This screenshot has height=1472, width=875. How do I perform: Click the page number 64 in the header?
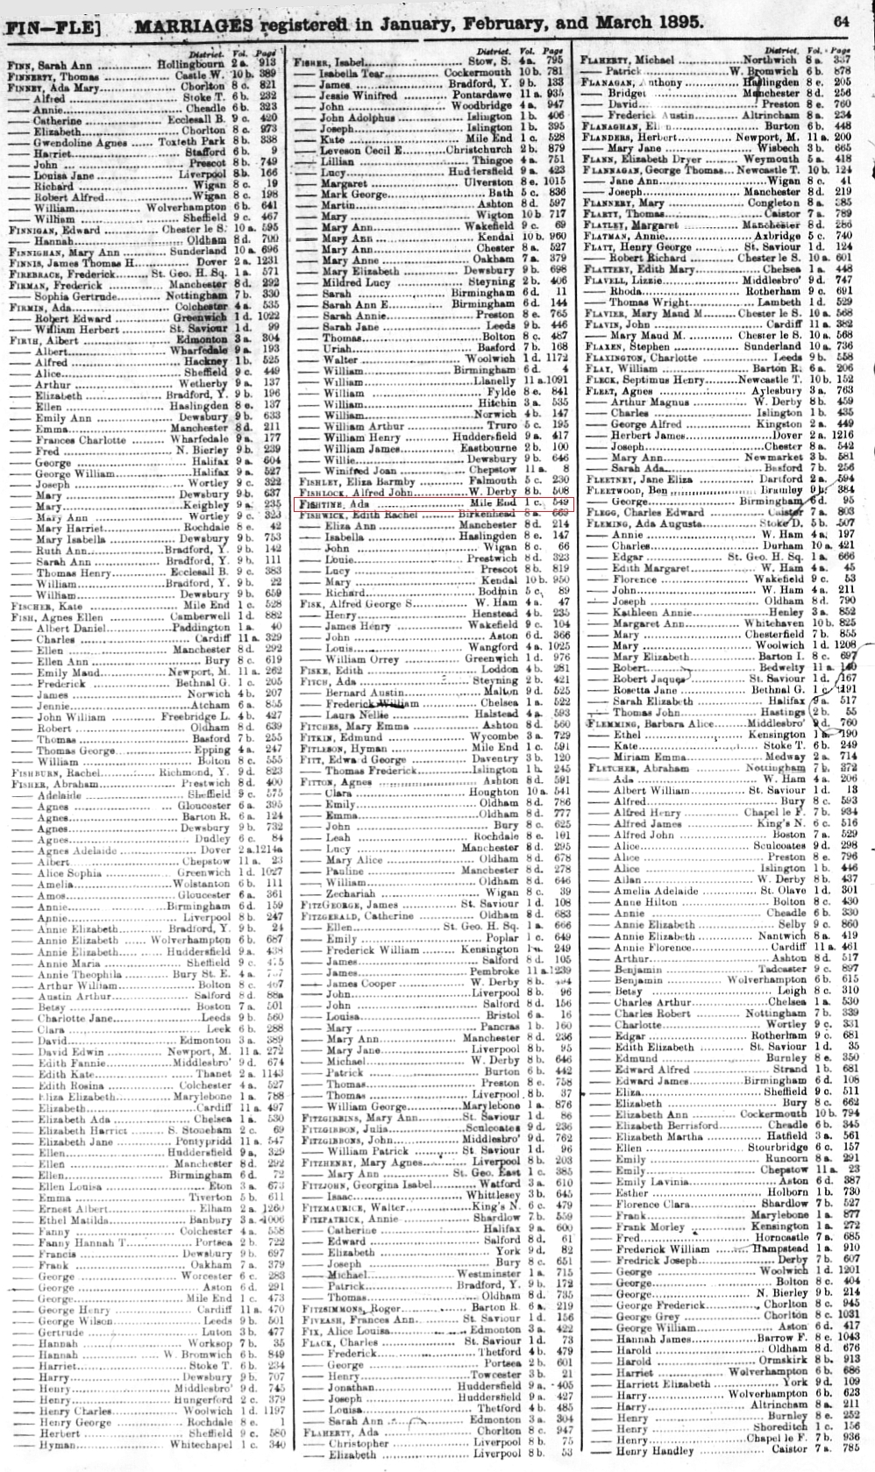842,20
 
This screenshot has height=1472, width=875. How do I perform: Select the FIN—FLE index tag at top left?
53,26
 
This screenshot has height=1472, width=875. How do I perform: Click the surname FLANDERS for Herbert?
608,139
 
